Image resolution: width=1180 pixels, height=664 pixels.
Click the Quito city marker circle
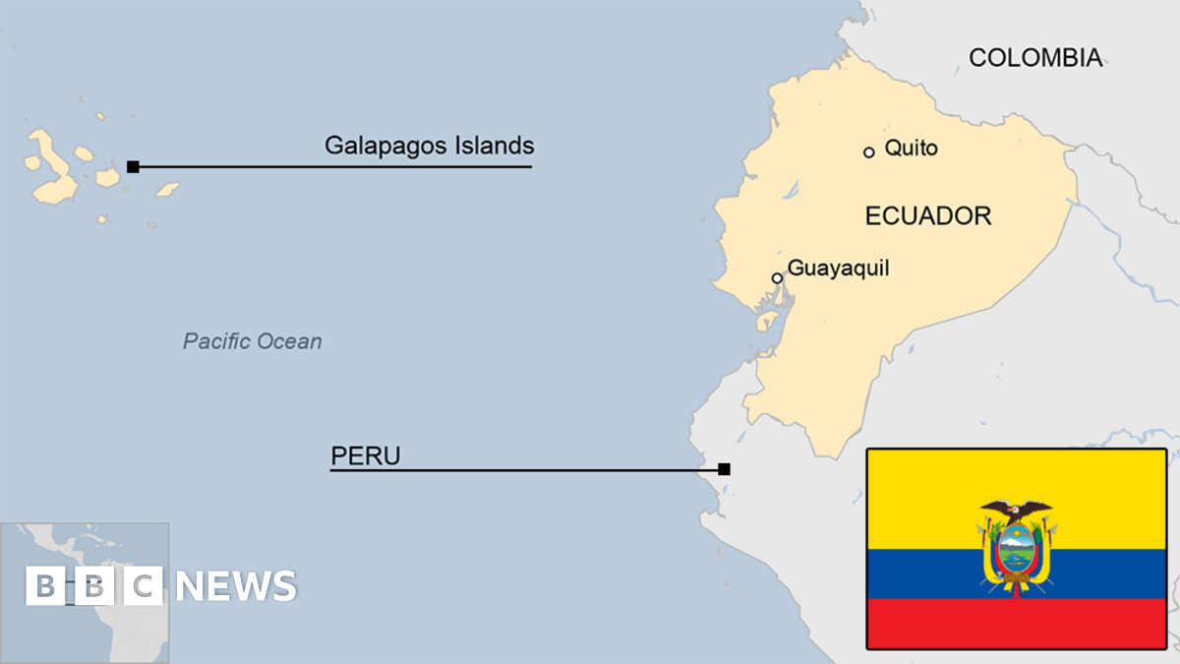click(869, 152)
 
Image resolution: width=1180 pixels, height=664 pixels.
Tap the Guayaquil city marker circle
click(777, 278)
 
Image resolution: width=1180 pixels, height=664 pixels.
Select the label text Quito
click(911, 149)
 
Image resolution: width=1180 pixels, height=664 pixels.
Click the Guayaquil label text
click(838, 268)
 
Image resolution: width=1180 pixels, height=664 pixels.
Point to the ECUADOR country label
click(927, 216)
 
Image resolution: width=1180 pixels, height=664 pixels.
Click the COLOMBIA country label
click(1034, 58)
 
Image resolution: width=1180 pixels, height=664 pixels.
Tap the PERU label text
click(366, 456)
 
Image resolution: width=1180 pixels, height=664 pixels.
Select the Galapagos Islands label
click(429, 147)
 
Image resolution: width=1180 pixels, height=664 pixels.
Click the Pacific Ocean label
click(252, 341)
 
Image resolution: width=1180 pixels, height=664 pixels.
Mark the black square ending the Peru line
click(724, 469)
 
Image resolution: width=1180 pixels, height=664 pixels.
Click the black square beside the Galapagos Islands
click(133, 166)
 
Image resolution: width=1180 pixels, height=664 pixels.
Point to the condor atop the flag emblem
click(1016, 510)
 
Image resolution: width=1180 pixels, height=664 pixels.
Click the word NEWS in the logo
click(236, 586)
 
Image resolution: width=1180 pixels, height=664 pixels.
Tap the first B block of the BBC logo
click(45, 586)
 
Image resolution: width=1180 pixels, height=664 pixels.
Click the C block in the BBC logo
click(144, 586)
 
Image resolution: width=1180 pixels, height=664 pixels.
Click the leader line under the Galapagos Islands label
click(334, 166)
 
